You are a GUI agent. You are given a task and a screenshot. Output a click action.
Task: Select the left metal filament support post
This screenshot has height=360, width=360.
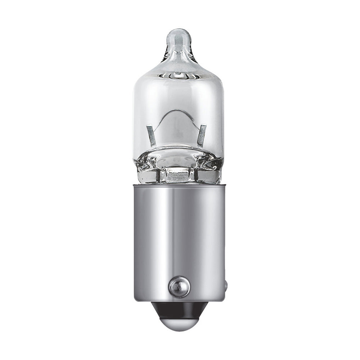[x=151, y=135]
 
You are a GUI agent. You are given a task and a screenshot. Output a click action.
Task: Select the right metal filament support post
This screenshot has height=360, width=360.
[x=202, y=135]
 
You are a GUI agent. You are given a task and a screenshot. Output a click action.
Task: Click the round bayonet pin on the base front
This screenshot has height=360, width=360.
[x=179, y=287]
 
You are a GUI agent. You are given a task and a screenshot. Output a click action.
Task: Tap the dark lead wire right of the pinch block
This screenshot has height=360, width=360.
[x=197, y=176]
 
